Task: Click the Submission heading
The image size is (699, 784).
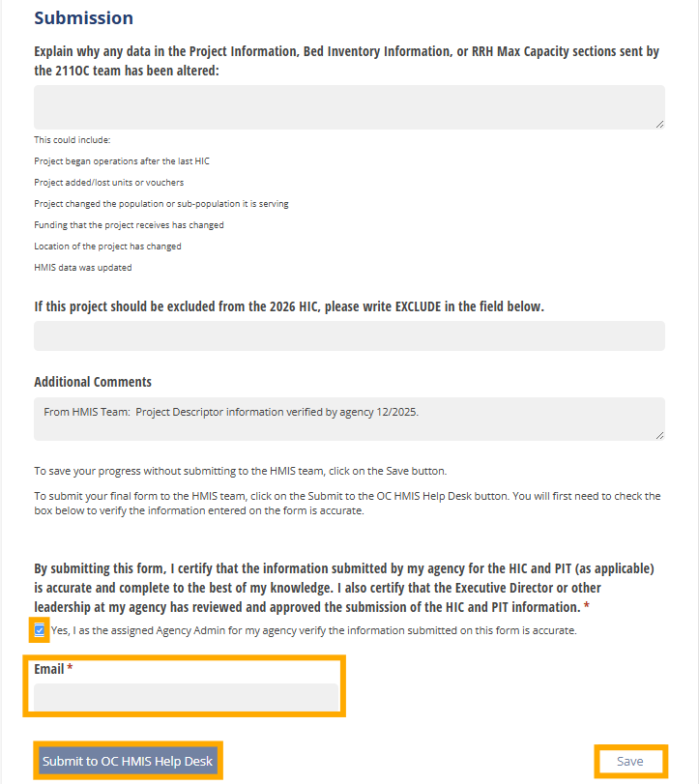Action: click(83, 18)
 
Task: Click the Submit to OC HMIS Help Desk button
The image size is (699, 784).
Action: click(128, 761)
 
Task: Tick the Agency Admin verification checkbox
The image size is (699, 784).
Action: click(40, 630)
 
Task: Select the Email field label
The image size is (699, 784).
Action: click(48, 669)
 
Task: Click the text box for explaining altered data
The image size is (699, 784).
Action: click(349, 106)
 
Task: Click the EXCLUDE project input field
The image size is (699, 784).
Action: click(349, 335)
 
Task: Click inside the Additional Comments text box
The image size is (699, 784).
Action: click(349, 420)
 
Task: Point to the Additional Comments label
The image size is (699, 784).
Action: click(93, 382)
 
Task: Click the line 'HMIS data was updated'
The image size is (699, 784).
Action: click(83, 268)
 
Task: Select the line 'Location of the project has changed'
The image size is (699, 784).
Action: click(107, 247)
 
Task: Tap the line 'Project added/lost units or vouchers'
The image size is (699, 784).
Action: click(108, 183)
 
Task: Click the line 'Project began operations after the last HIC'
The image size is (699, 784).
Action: click(122, 161)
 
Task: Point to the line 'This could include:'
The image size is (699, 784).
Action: click(73, 140)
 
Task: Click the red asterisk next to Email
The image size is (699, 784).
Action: click(71, 669)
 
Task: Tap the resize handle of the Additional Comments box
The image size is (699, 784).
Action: click(659, 435)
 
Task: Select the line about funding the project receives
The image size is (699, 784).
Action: click(129, 225)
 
